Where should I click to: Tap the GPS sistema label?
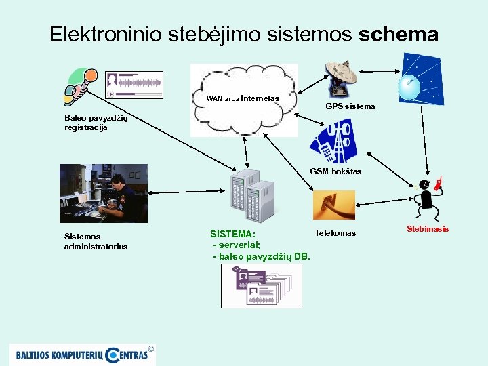(350, 106)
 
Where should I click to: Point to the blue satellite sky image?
(420, 80)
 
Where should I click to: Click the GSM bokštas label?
(335, 171)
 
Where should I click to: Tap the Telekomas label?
(335, 233)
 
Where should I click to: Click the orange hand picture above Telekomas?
(334, 205)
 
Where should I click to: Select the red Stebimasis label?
(427, 229)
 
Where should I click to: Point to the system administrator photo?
(102, 194)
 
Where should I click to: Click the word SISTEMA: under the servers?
(232, 234)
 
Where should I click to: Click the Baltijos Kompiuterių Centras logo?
(81, 353)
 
